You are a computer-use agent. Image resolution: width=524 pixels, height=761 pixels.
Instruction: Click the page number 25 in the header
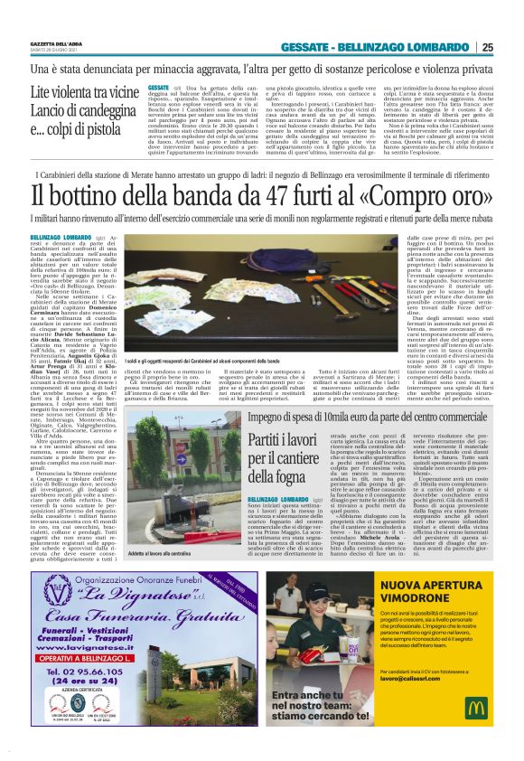pos(511,47)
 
